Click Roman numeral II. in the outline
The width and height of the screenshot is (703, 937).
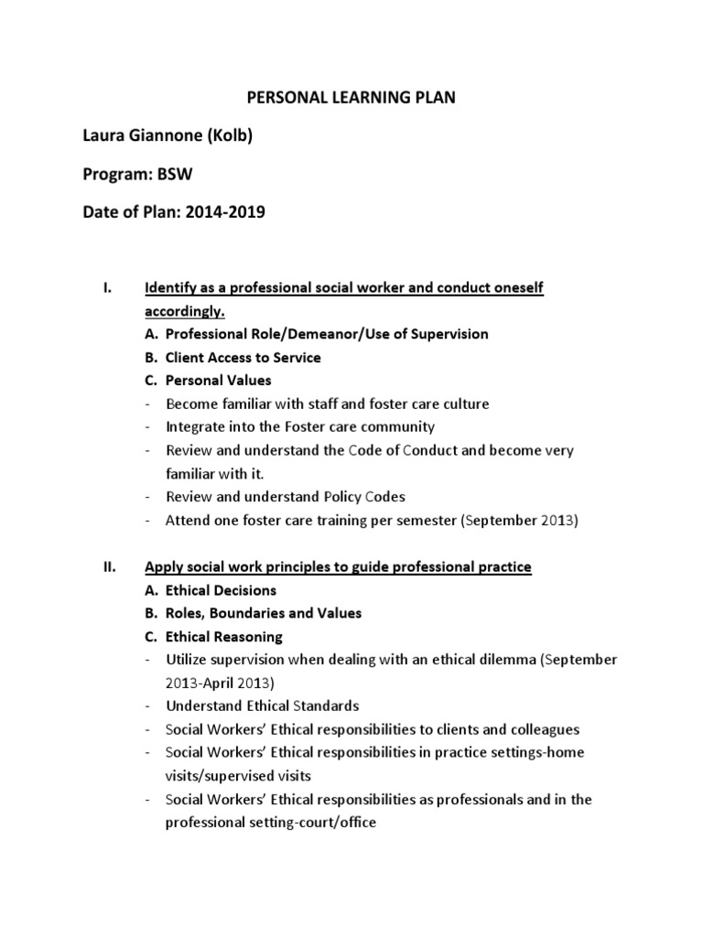(107, 567)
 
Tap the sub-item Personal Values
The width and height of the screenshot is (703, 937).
(218, 380)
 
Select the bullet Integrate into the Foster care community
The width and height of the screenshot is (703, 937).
(300, 426)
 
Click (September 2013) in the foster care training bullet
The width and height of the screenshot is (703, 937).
(519, 520)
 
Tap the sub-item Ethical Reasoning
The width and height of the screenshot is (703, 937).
(223, 637)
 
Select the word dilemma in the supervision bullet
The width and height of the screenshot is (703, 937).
(488, 660)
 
